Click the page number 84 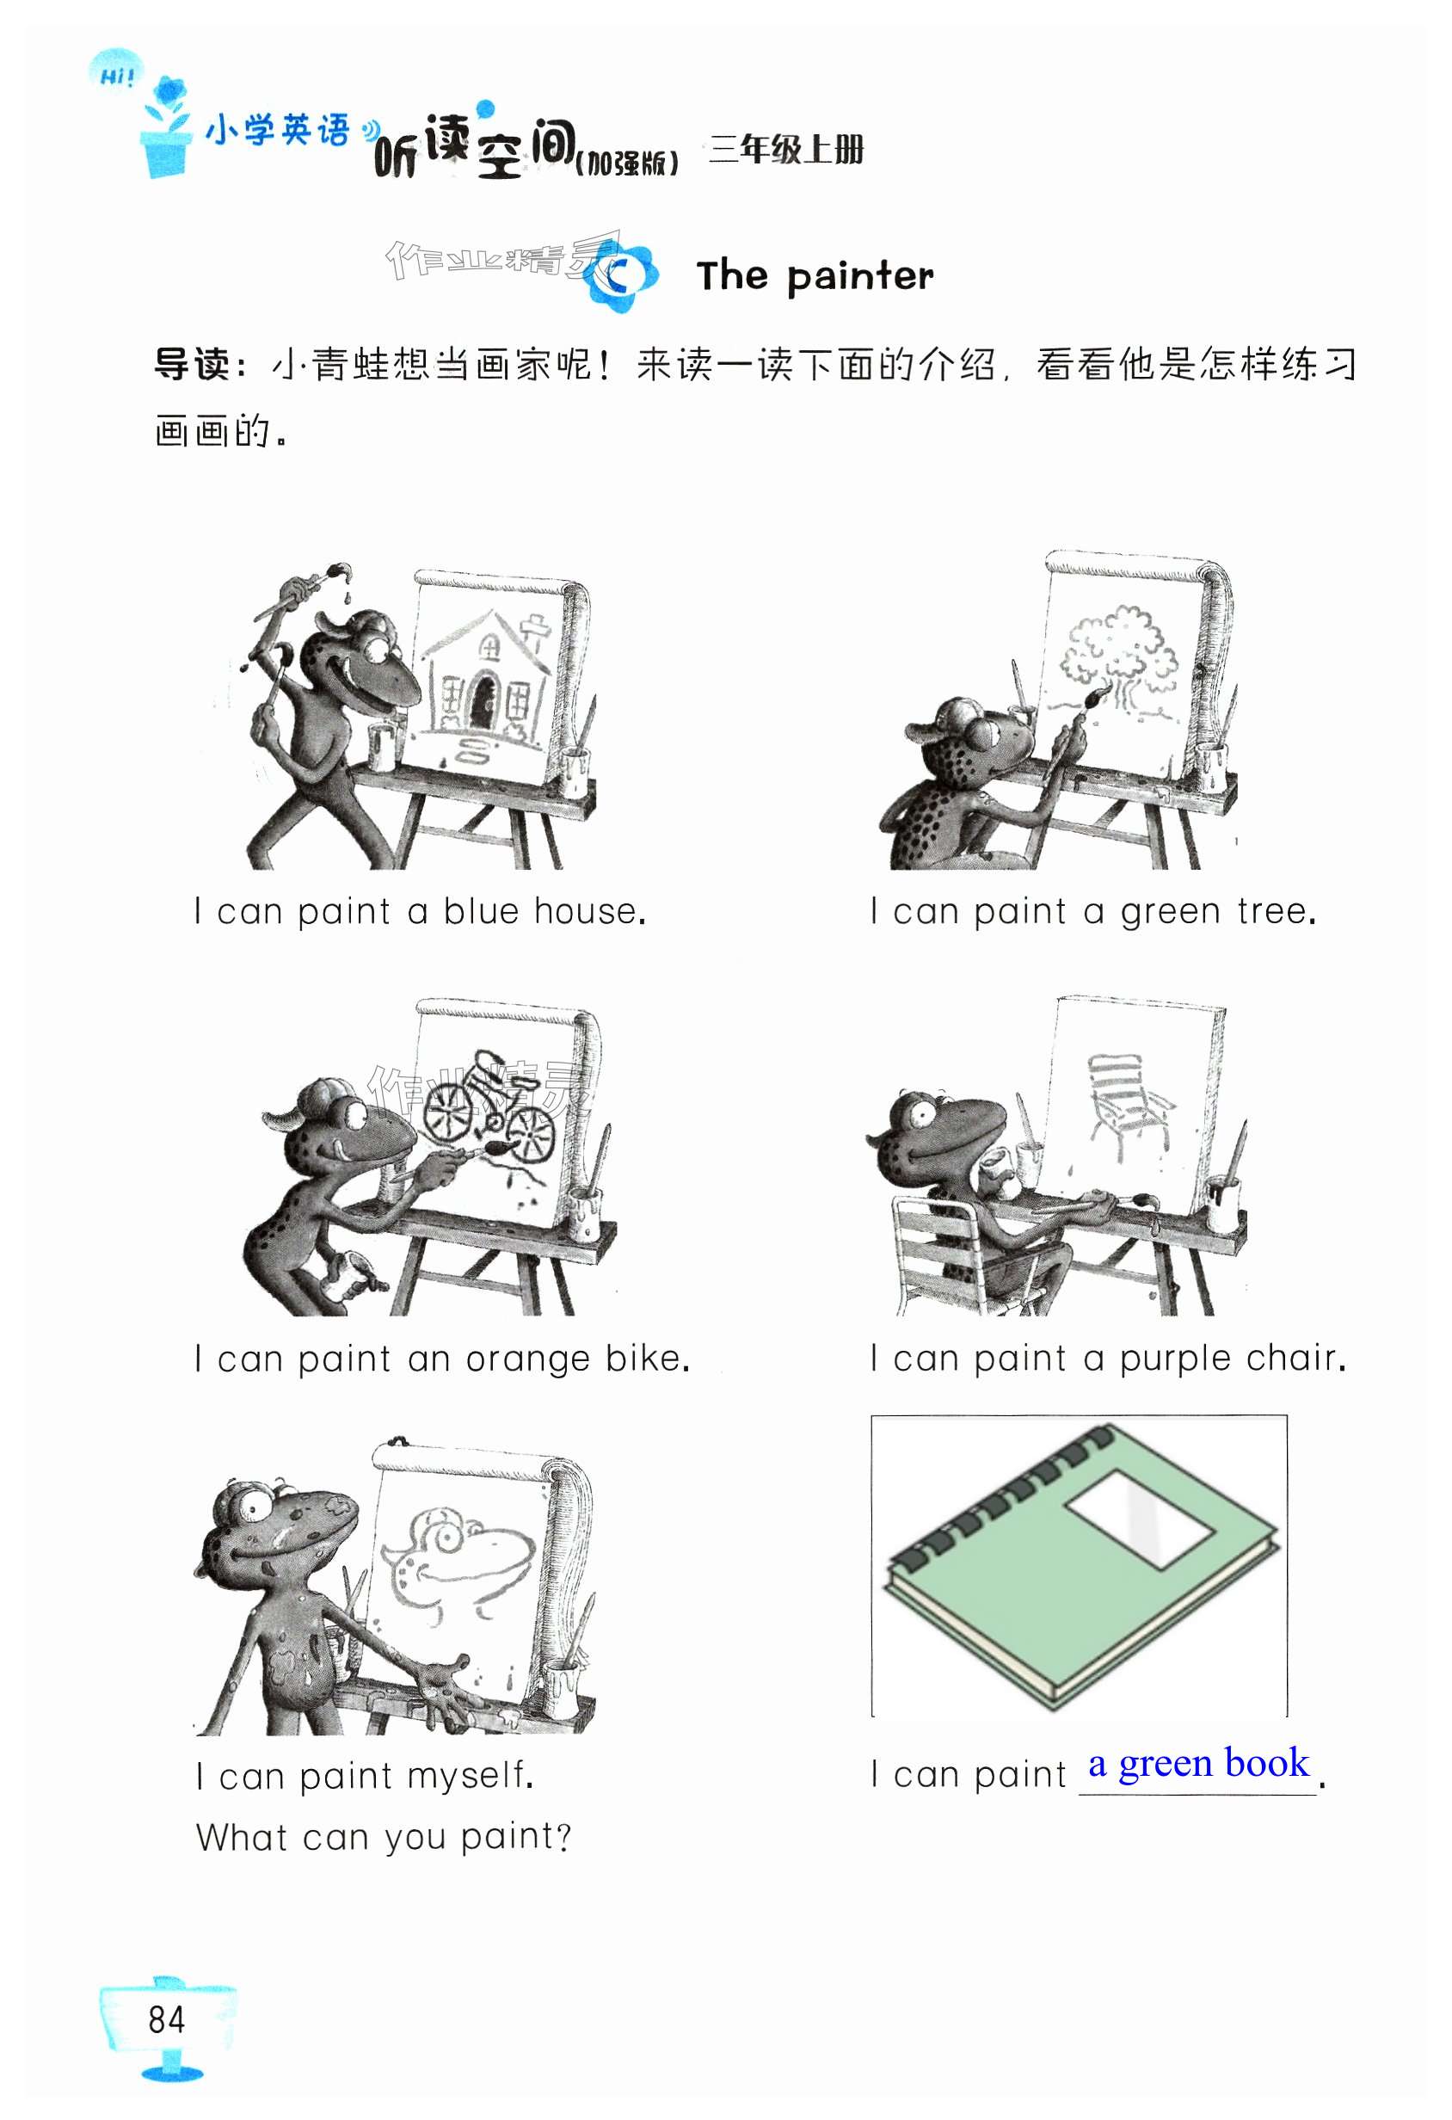tap(166, 2019)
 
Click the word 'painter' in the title tap(861, 276)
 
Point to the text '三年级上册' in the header tap(785, 149)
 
